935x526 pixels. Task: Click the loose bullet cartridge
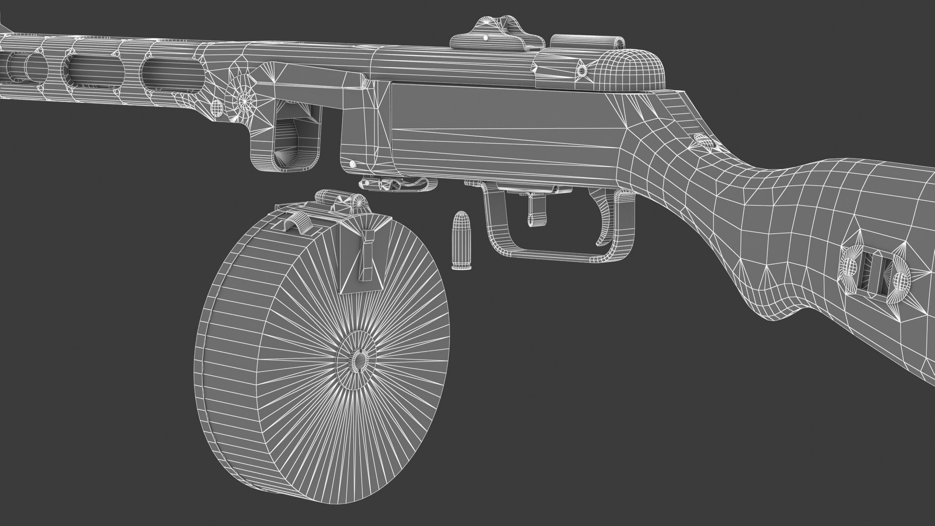pos(458,241)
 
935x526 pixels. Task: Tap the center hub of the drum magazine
pos(359,360)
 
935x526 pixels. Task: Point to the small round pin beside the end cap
pos(581,71)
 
